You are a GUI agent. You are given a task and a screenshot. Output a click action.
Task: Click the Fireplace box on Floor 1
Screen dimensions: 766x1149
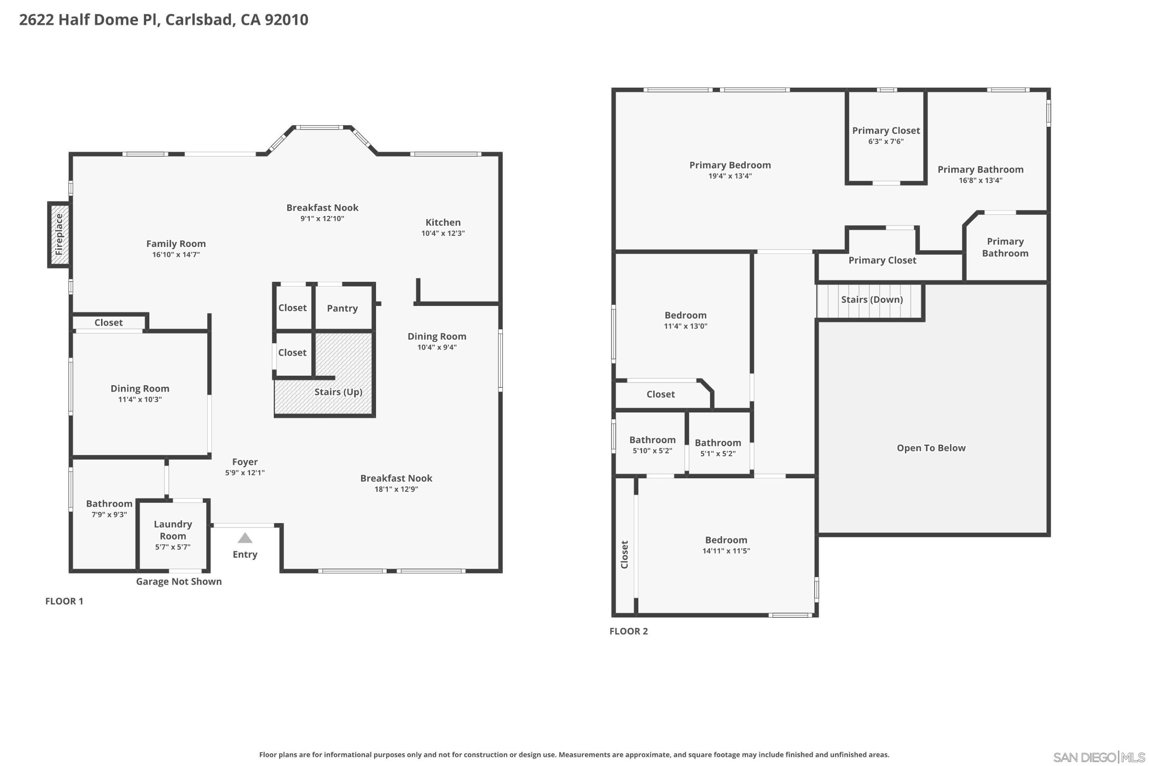(x=59, y=235)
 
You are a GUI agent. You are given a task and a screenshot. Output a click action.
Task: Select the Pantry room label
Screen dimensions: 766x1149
(x=342, y=308)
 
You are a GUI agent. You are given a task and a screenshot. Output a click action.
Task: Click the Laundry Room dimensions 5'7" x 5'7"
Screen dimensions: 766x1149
(x=172, y=547)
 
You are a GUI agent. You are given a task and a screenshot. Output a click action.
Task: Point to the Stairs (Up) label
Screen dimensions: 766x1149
(x=338, y=392)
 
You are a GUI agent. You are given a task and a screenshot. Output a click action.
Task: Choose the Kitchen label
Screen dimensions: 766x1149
(x=443, y=222)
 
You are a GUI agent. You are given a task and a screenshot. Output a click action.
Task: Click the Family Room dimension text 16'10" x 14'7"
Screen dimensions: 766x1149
(x=176, y=254)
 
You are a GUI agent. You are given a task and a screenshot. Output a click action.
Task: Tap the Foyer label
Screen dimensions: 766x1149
(x=244, y=462)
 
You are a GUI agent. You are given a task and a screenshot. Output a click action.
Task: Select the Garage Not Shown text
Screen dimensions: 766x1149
(x=179, y=581)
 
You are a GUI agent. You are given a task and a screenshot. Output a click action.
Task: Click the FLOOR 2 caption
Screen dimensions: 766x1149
(x=628, y=631)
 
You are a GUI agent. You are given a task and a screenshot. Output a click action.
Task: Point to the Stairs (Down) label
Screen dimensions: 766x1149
(x=871, y=300)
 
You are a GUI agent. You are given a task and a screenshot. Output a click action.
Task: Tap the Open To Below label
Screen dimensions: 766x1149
(x=930, y=448)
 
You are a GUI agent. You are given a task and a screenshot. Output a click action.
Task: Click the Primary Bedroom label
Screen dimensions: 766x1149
(x=729, y=165)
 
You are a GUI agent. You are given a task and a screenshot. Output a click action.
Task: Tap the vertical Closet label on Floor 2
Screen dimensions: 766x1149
(x=624, y=554)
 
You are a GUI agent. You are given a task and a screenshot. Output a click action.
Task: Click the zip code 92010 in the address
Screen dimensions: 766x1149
(x=286, y=19)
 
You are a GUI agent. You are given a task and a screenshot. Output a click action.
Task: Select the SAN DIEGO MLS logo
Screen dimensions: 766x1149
(x=1098, y=757)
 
